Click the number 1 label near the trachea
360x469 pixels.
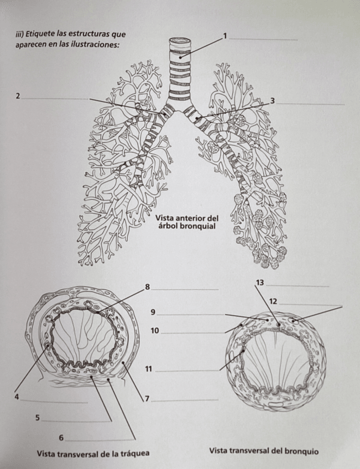coord(225,36)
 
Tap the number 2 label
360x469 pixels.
coord(18,96)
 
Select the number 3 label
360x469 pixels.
coord(273,100)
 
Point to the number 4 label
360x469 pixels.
coord(17,397)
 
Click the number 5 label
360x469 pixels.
coord(38,418)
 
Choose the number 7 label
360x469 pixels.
coord(147,398)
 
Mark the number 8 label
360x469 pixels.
coord(147,286)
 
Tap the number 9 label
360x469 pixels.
coord(153,312)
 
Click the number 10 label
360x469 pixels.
coord(155,331)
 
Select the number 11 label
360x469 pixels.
coord(148,369)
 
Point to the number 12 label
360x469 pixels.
coord(273,301)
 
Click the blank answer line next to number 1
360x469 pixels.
coord(263,39)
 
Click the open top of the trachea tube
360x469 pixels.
coord(180,41)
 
